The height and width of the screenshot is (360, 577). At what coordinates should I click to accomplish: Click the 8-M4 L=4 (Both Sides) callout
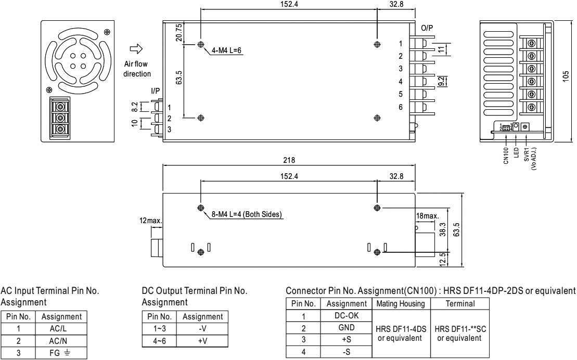[247, 214]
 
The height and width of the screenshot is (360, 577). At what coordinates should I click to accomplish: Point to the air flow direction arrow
[136, 49]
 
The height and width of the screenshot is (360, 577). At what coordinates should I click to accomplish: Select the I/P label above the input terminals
[155, 91]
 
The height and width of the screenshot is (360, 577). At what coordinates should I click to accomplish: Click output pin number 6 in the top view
[401, 107]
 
